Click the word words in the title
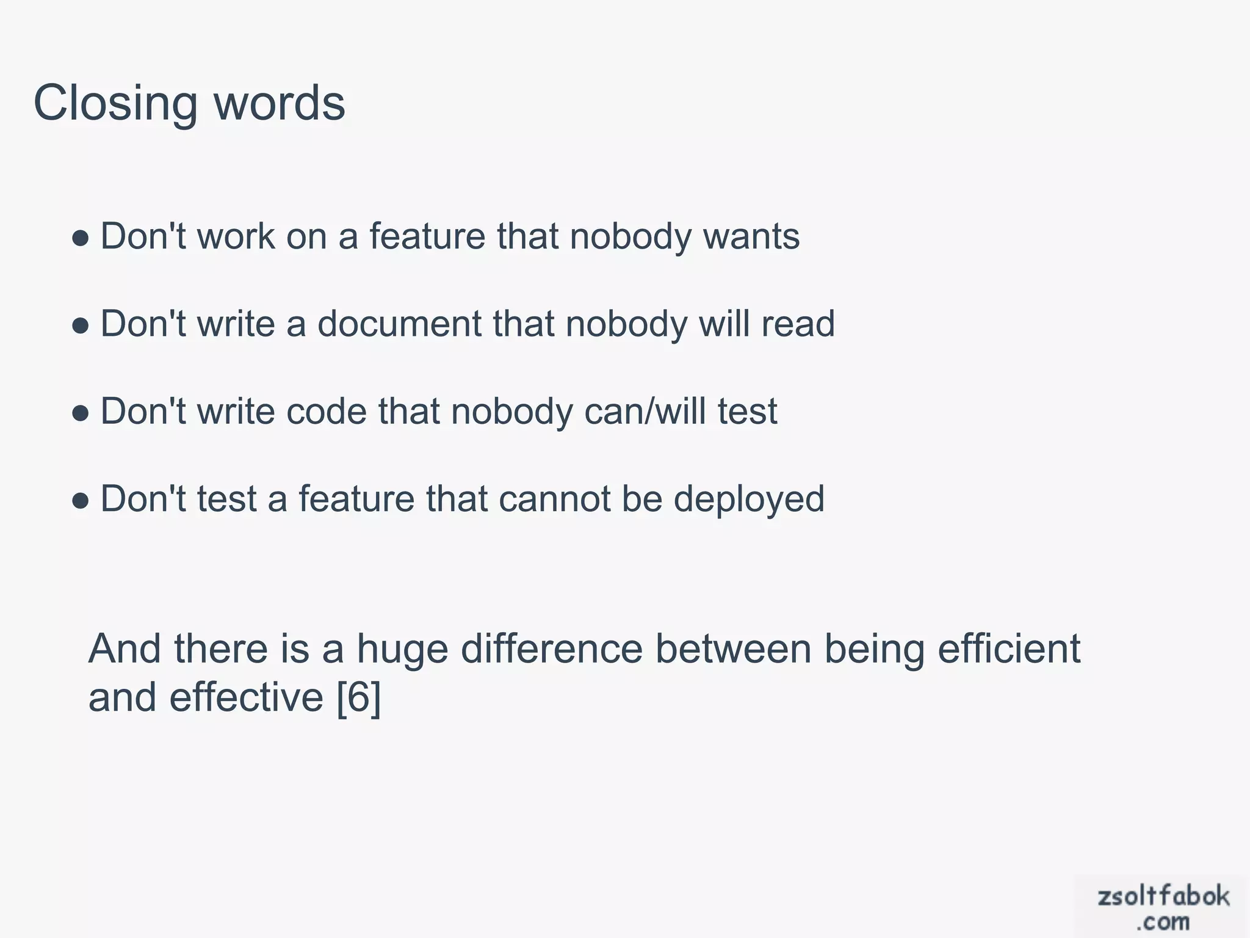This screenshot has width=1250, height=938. (280, 103)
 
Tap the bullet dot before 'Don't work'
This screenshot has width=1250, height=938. (81, 238)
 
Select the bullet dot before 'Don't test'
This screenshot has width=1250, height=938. (81, 500)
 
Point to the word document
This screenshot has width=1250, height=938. (399, 324)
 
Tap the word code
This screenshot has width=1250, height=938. (326, 411)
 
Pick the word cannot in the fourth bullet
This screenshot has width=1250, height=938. (554, 499)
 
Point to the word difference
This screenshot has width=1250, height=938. (551, 649)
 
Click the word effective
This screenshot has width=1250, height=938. (246, 697)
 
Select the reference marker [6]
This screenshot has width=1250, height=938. (359, 697)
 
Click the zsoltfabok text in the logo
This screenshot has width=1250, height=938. (1163, 896)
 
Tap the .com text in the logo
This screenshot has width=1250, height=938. (1163, 922)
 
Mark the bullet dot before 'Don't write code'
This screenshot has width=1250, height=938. (81, 413)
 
